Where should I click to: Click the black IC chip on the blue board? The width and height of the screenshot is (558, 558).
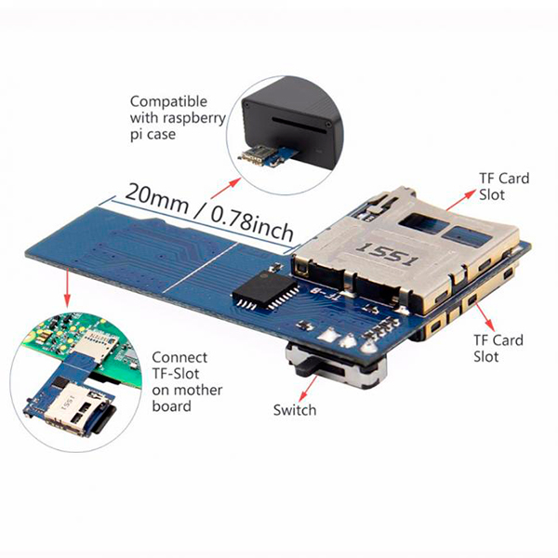pyautogui.click(x=266, y=290)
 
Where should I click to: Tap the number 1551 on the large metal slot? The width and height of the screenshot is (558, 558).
pyautogui.click(x=389, y=253)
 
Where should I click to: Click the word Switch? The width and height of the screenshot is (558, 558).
pyautogui.click(x=295, y=410)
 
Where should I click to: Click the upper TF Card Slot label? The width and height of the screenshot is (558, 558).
pyautogui.click(x=504, y=187)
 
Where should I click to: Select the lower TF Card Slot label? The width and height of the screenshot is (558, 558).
pyautogui.click(x=498, y=348)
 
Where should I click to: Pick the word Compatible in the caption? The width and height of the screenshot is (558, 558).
pyautogui.click(x=168, y=101)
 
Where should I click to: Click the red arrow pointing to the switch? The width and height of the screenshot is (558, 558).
pyautogui.click(x=308, y=389)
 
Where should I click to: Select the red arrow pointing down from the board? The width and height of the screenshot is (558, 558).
pyautogui.click(x=67, y=287)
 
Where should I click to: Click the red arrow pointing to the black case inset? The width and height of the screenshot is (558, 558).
pyautogui.click(x=226, y=188)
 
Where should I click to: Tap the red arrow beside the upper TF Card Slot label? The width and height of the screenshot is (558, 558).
pyautogui.click(x=460, y=200)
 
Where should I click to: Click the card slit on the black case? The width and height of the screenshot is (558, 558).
pyautogui.click(x=299, y=126)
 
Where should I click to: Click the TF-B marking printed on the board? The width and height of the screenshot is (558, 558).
pyautogui.click(x=325, y=293)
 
